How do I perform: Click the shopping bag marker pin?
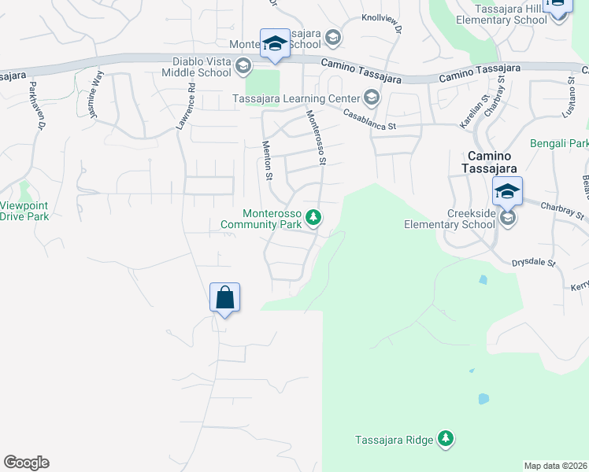(x=224, y=298)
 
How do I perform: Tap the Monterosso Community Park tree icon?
(x=313, y=217)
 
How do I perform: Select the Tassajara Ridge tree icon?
(x=446, y=437)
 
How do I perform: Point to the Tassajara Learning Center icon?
(x=372, y=98)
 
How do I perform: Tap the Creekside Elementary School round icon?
(x=508, y=217)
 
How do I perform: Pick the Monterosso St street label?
(x=315, y=138)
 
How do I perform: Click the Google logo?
(x=26, y=463)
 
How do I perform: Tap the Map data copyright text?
(x=556, y=466)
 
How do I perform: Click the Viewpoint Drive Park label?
(x=25, y=211)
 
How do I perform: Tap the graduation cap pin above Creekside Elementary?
(x=508, y=190)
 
